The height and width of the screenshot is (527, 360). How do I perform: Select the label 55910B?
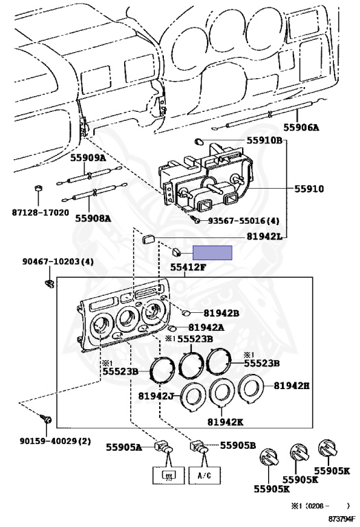click(263, 141)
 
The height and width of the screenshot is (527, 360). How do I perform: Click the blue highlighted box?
click(213, 253)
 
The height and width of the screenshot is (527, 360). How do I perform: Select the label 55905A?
click(124, 447)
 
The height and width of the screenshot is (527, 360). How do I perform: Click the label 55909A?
click(88, 157)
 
